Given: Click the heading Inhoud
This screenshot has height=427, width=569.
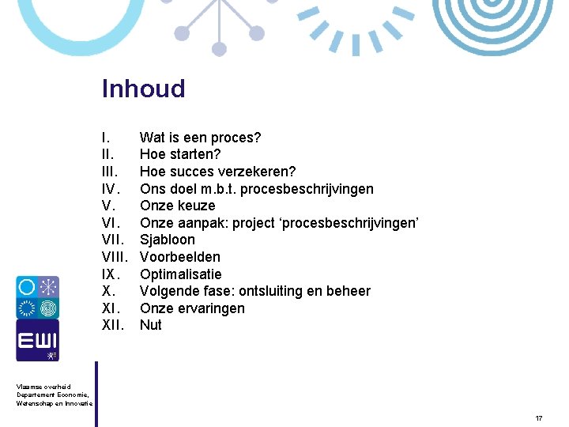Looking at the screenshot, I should [143, 89].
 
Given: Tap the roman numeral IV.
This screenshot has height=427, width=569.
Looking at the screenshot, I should [111, 189].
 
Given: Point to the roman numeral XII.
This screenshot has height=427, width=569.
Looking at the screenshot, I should [113, 325].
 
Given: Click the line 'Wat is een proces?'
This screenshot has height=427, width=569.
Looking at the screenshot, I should [200, 138].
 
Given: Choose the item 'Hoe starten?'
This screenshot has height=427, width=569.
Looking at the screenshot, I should [180, 154].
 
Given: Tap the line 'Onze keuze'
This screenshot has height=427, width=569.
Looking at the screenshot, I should [177, 206].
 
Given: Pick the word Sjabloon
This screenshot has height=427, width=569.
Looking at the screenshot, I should [167, 240].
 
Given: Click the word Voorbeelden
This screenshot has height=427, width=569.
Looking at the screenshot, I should [180, 257].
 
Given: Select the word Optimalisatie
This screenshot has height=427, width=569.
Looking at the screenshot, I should [180, 274].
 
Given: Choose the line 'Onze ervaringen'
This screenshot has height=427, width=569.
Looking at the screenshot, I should [192, 308].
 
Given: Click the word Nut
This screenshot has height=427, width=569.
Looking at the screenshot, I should [150, 325].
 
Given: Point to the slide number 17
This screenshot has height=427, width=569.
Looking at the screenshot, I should [538, 418].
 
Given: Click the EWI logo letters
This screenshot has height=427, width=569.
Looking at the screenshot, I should [37, 339].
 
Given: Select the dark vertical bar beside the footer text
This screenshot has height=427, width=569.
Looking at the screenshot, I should [96, 394].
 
